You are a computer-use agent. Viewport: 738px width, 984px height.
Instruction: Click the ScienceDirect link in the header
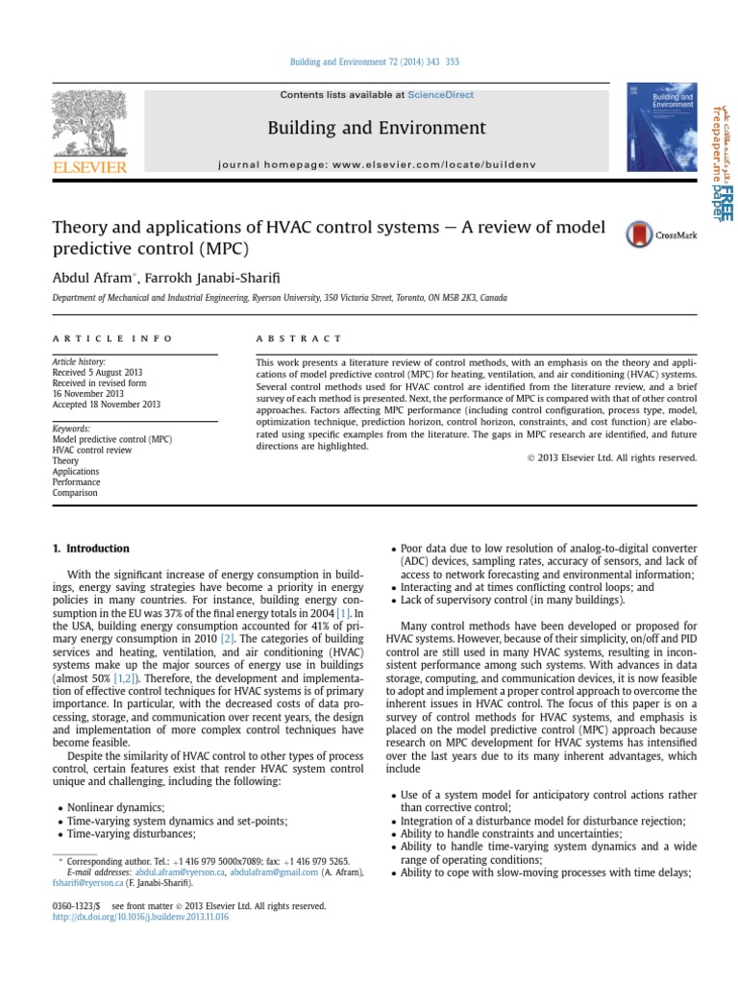pyautogui.click(x=440, y=95)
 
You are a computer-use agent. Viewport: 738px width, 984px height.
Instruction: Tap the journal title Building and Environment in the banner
pyautogui.click(x=376, y=128)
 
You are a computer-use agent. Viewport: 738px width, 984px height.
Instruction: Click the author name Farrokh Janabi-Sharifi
pyautogui.click(x=209, y=277)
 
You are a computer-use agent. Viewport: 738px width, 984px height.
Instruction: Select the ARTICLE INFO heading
pyautogui.click(x=112, y=339)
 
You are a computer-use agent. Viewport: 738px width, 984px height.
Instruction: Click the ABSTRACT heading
pyautogui.click(x=298, y=339)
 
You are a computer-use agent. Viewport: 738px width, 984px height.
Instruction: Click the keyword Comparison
pyautogui.click(x=76, y=493)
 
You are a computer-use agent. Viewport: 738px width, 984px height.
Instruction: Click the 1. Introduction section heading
pyautogui.click(x=89, y=549)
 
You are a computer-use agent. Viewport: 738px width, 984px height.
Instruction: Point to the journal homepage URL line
pyautogui.click(x=376, y=164)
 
